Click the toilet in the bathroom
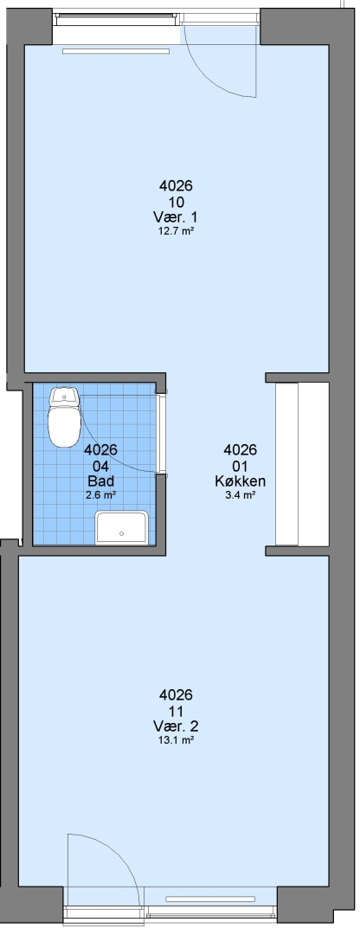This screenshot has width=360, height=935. [64, 417]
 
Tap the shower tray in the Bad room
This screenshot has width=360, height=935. [122, 527]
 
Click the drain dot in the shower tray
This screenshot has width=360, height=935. [122, 533]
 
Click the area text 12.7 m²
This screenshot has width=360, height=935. [176, 232]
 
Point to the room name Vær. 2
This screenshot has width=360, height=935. [176, 726]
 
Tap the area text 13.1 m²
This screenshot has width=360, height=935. [176, 740]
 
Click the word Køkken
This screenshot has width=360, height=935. [241, 481]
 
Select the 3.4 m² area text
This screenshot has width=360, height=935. [241, 495]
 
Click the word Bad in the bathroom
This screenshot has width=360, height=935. [100, 481]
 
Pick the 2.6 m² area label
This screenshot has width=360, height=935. [100, 494]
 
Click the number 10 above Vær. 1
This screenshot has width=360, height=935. [176, 202]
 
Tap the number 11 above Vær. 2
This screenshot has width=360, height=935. [176, 711]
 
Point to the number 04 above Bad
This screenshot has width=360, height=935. [100, 466]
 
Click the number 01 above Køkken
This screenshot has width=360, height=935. [241, 466]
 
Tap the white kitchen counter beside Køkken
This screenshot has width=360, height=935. [286, 464]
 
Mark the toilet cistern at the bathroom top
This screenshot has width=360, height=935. [64, 396]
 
